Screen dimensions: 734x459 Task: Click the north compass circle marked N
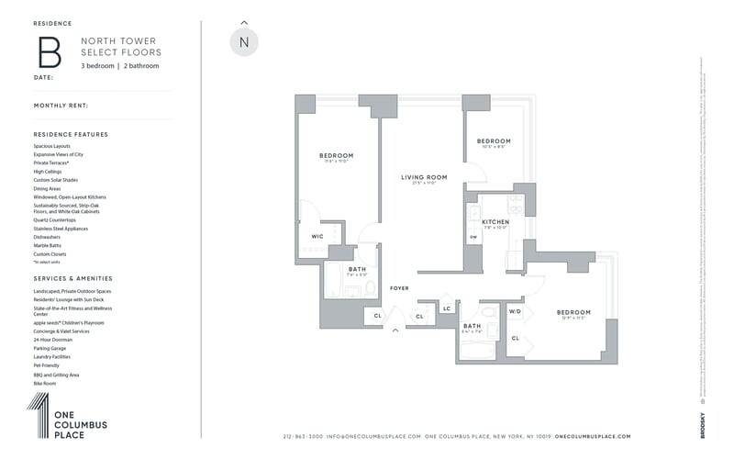[244, 42]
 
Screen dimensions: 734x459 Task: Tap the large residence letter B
[49, 52]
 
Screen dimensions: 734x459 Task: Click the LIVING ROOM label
[424, 177]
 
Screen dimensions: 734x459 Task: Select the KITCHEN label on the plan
[495, 222]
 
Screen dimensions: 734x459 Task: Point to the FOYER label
[399, 288]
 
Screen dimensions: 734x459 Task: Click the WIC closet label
[317, 237]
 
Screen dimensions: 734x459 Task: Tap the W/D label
[515, 311]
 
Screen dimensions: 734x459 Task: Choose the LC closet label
[447, 308]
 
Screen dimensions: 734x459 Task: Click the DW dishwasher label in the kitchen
[473, 238]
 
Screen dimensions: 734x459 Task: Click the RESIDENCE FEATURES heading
[71, 134]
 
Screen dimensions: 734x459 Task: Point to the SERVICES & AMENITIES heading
[72, 278]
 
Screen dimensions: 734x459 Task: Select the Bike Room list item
[45, 383]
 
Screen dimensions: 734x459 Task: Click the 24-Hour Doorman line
[52, 340]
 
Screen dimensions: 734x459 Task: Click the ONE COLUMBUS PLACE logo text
[80, 424]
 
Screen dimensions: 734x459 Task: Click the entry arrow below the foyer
[395, 330]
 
